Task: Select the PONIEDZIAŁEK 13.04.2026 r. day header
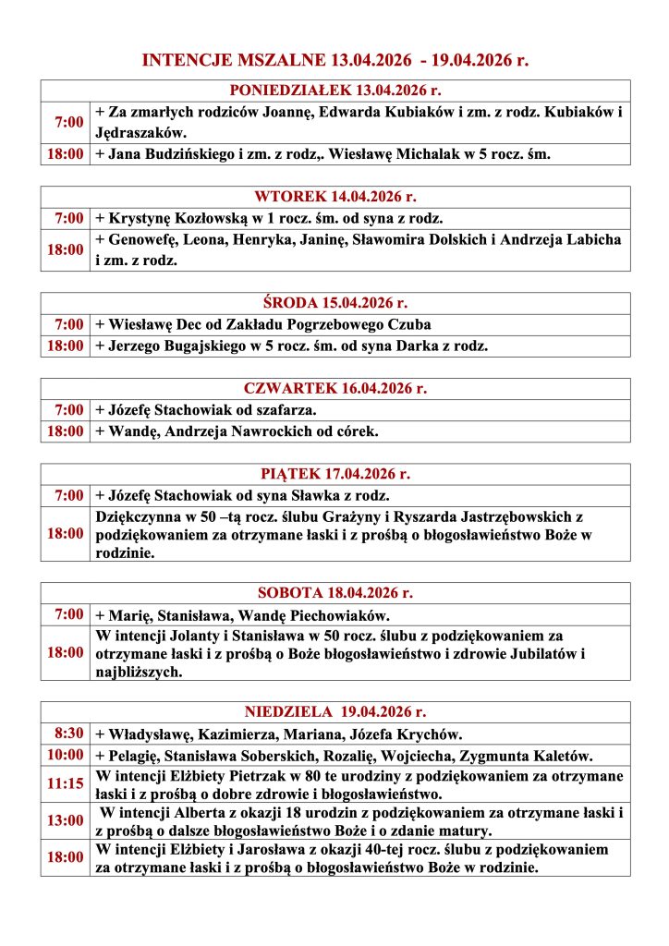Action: (x=334, y=91)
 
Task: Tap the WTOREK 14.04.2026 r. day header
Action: (x=334, y=197)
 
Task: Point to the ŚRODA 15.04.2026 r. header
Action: (x=334, y=303)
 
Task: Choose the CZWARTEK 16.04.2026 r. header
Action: (x=334, y=388)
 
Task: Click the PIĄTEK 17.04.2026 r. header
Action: (x=334, y=474)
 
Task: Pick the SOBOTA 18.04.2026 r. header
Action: (x=334, y=592)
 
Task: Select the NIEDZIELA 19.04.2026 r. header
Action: (x=334, y=711)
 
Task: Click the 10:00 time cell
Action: (x=66, y=755)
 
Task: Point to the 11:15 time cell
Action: (x=66, y=784)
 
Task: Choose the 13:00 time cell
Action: (x=66, y=820)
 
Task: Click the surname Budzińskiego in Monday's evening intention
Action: (x=193, y=154)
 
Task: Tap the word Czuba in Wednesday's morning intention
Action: (x=410, y=325)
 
